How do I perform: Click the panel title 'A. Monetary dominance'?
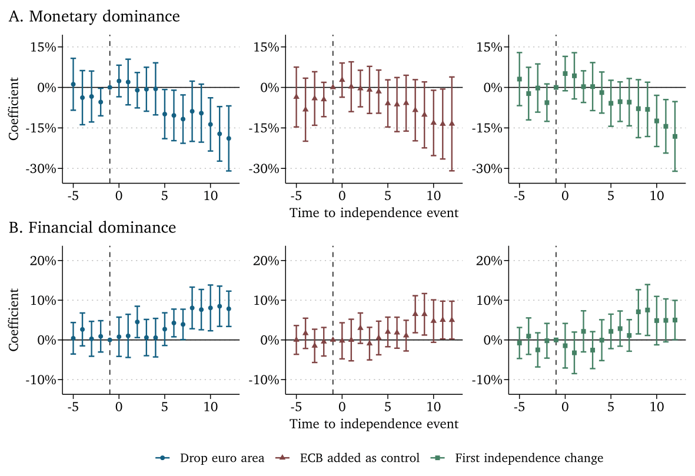94,16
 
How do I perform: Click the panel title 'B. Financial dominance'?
92,227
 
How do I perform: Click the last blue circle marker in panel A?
228,138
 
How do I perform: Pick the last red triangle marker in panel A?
451,124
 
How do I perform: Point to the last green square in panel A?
675,137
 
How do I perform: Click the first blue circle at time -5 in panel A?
73,84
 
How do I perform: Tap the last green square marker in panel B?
675,320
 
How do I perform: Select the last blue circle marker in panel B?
228,309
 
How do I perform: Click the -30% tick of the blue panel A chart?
44,168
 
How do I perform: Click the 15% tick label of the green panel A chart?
490,47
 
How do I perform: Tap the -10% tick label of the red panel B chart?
267,380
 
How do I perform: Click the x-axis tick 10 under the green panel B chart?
657,407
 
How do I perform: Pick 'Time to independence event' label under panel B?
374,424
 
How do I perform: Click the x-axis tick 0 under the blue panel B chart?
119,407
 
